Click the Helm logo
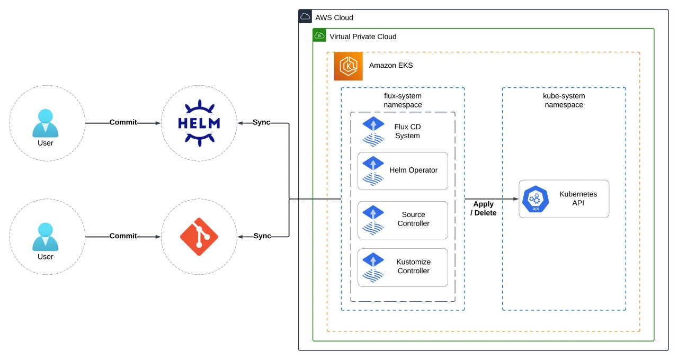point(199,123)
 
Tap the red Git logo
point(199,237)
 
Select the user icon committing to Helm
point(46,123)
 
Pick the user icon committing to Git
point(46,237)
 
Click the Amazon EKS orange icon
point(348,66)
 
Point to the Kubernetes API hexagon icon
point(536,199)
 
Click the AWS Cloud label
point(334,17)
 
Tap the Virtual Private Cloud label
point(363,37)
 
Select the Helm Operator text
point(414,170)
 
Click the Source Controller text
point(414,219)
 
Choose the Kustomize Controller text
point(414,266)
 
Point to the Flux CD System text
point(407,131)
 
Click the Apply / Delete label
point(484,209)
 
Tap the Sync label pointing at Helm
point(261,122)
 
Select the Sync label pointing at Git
point(262,236)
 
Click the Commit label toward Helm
point(123,122)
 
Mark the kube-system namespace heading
point(564,100)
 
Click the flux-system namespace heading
point(403,100)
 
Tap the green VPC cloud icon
point(319,35)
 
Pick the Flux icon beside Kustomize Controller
point(373,267)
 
